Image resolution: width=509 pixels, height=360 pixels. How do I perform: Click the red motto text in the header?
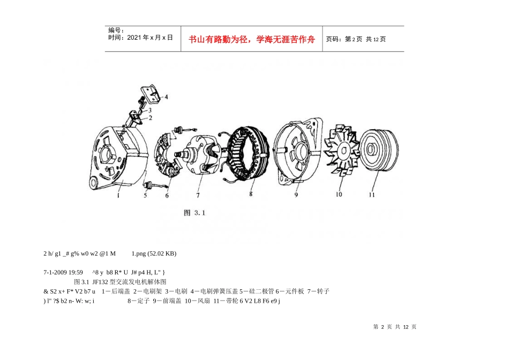pos(252,39)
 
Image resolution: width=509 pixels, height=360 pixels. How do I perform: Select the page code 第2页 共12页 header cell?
pos(356,39)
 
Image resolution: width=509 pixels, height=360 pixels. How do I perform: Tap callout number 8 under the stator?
pos(251,194)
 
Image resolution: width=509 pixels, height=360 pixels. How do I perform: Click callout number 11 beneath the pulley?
pos(372,194)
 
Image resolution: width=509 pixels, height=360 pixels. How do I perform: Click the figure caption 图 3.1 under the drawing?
pos(194,213)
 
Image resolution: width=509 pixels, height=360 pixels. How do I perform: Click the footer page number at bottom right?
pos(394,327)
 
